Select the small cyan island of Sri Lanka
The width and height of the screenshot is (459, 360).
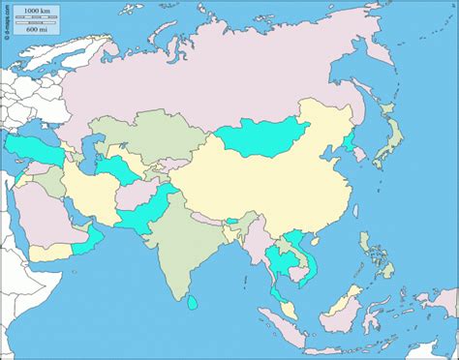click(x=193, y=304)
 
